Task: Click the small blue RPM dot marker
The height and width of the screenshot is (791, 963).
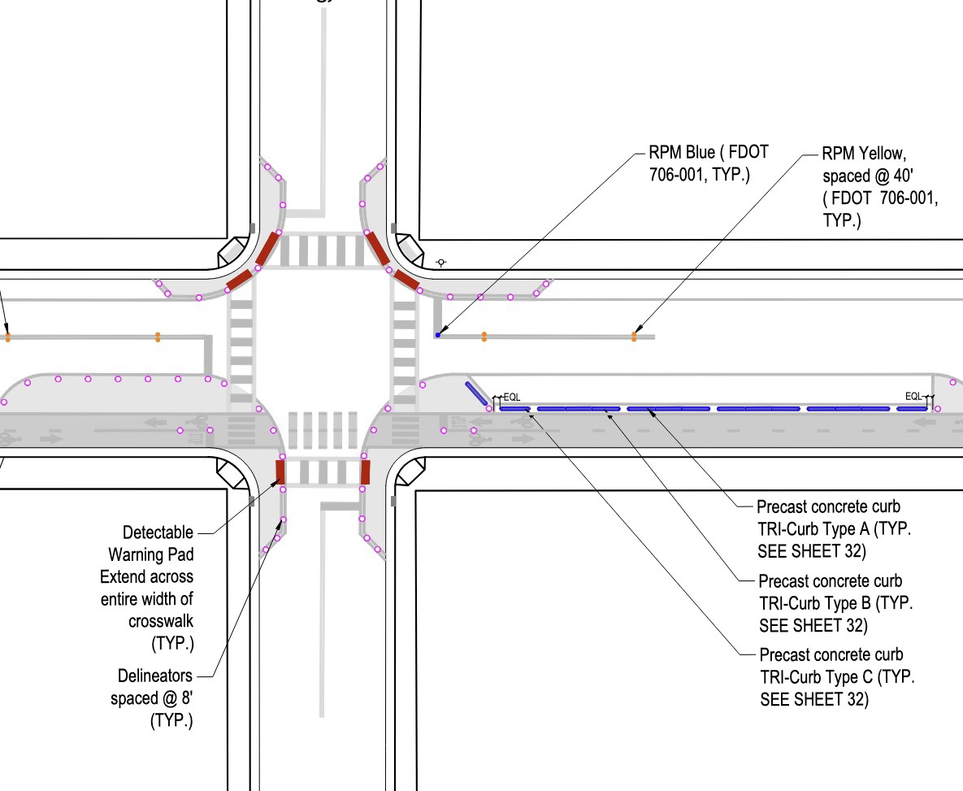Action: click(436, 335)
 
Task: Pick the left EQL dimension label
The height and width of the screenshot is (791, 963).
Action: click(512, 397)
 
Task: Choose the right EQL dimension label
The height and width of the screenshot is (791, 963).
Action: click(914, 397)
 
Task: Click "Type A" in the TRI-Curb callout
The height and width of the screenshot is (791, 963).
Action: click(849, 529)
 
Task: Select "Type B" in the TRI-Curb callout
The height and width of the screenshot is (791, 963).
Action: click(849, 604)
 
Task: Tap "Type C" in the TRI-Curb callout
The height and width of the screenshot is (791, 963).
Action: click(850, 677)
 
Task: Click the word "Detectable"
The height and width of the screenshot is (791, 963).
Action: click(158, 533)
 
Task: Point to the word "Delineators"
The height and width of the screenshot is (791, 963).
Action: click(155, 676)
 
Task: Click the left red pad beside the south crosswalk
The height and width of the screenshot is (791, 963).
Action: click(281, 472)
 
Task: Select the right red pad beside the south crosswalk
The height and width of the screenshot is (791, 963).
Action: click(365, 472)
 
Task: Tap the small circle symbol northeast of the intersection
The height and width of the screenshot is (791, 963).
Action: click(440, 263)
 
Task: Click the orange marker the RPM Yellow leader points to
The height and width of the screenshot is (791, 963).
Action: click(634, 336)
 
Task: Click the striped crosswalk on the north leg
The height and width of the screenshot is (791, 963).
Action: click(322, 251)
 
